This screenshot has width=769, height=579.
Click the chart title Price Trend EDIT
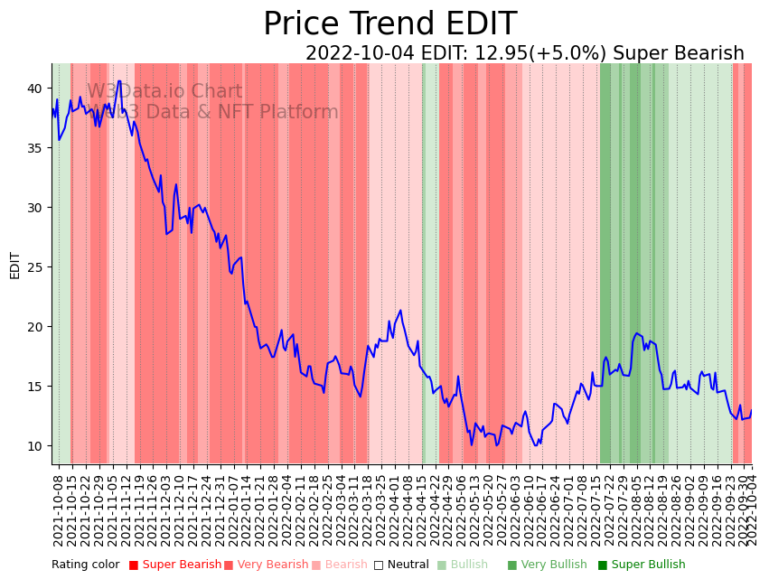pos(389,24)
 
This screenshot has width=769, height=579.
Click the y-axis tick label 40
pos(34,89)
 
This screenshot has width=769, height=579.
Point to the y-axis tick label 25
pos(34,267)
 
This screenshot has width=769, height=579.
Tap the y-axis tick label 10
pos(34,446)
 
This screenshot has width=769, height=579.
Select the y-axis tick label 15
pos(34,387)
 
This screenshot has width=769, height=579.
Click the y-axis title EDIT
pos(14,265)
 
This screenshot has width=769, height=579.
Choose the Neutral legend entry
pos(402,565)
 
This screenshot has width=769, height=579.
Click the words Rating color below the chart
pos(85,565)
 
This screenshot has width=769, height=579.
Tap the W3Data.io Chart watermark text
pos(164,91)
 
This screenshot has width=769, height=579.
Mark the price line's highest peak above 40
pos(119,81)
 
